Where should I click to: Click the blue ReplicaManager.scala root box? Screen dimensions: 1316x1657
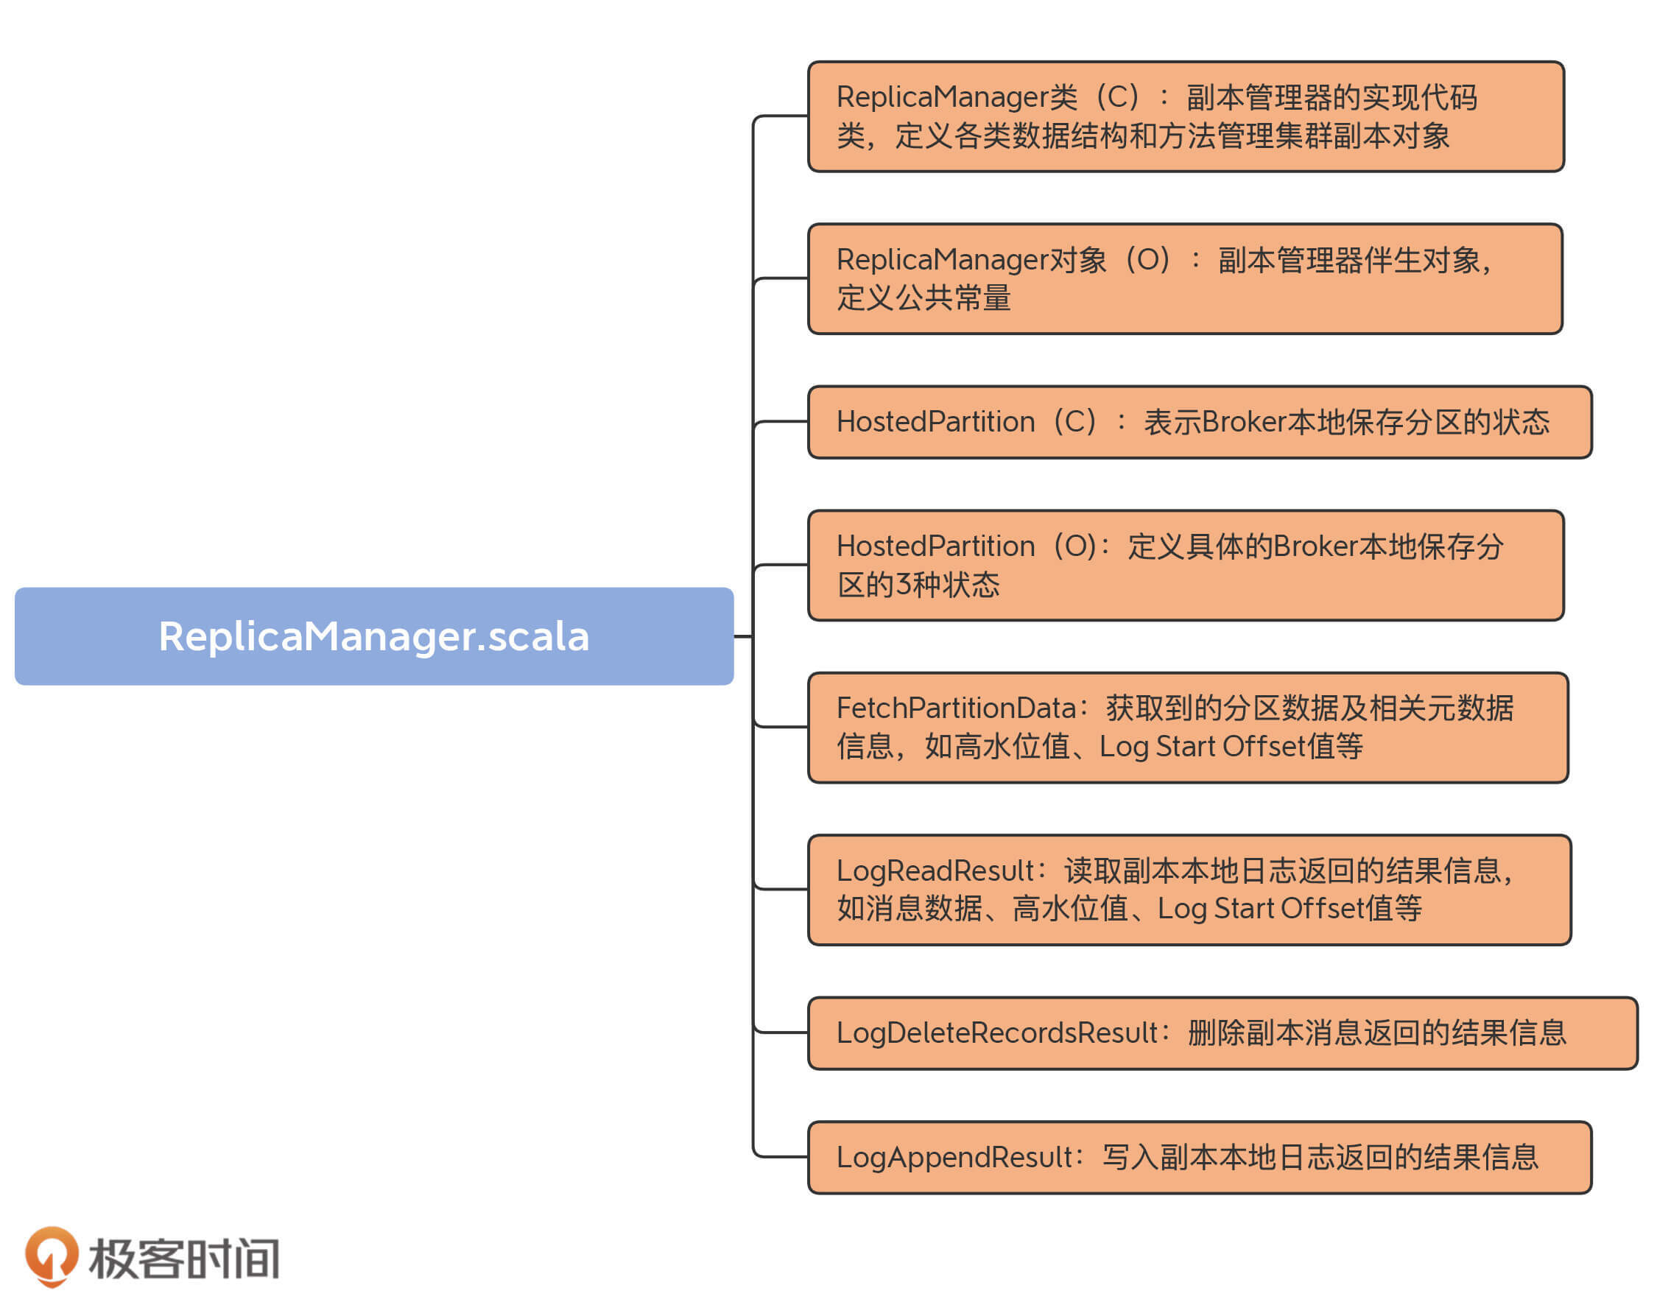coord(373,636)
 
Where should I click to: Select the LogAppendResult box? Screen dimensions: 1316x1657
coord(1199,1157)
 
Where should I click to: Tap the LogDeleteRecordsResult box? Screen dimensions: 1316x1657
coord(1222,1032)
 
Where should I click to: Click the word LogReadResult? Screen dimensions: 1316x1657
coord(935,870)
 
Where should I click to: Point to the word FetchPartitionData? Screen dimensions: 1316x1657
coord(956,707)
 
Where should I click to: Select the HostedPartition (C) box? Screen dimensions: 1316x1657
coord(1199,422)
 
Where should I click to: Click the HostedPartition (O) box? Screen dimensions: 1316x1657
coord(1185,565)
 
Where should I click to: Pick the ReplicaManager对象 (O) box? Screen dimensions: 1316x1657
coord(1185,279)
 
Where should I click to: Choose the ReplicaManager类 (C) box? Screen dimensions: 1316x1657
coord(1185,116)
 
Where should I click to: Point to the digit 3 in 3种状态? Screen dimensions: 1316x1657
coord(904,585)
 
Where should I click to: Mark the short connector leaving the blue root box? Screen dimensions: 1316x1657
coord(742,636)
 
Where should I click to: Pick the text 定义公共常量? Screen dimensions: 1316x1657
coord(924,298)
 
